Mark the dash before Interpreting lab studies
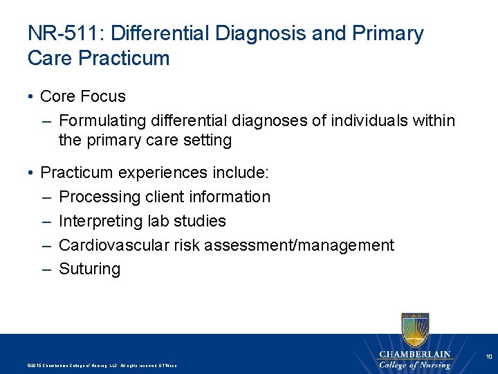[x=46, y=221]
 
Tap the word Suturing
[x=90, y=269]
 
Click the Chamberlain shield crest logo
[x=414, y=328]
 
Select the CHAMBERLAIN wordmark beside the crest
[x=414, y=355]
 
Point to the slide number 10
[x=488, y=357]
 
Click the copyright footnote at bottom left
[x=101, y=365]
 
